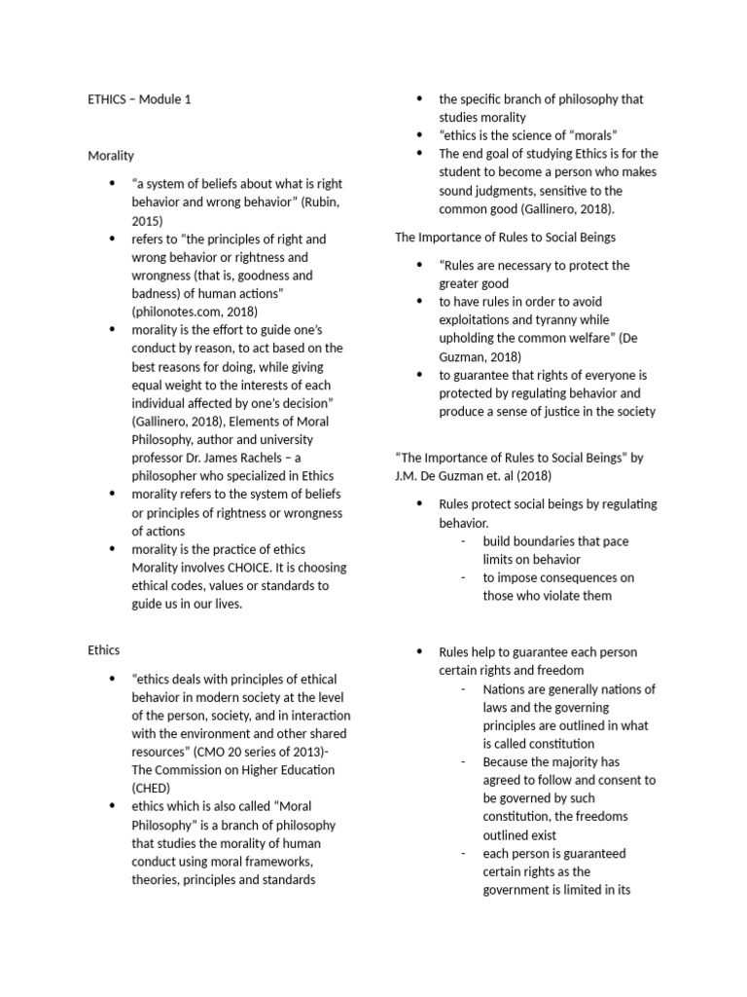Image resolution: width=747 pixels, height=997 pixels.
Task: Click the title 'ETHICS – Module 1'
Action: pos(139,99)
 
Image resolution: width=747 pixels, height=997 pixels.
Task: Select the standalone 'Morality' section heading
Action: pos(111,155)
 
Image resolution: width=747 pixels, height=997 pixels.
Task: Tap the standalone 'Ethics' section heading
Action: pos(104,650)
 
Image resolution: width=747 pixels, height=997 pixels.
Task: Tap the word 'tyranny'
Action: pos(551,320)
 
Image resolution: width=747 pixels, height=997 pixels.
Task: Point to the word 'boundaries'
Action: pos(537,540)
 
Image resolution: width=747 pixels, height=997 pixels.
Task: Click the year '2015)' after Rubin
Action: pos(148,220)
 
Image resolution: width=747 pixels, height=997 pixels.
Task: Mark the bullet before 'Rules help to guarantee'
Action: pos(419,651)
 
